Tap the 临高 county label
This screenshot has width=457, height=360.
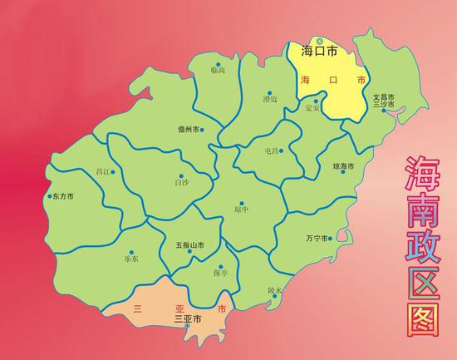218,72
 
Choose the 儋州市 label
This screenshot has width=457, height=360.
189,130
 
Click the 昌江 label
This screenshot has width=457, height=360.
105,172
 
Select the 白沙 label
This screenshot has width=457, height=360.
181,180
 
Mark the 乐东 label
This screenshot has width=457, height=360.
131,259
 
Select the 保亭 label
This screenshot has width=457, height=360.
220,272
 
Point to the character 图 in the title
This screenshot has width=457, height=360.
423,319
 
